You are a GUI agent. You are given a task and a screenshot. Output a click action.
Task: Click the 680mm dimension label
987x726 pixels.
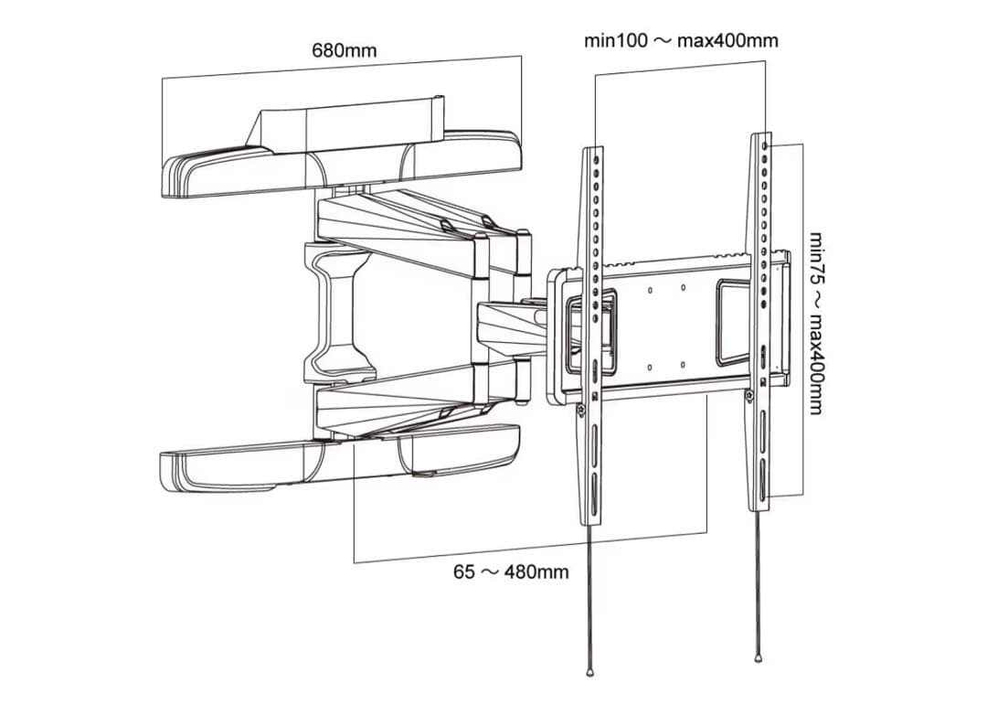pos(344,50)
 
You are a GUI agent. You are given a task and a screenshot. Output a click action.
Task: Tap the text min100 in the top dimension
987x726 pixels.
pos(616,41)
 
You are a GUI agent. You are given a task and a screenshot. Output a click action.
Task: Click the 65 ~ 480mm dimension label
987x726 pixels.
pos(511,571)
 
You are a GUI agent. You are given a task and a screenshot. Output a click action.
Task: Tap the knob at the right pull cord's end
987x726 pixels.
pos(759,657)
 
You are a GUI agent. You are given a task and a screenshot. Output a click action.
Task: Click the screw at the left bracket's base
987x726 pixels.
pos(581,411)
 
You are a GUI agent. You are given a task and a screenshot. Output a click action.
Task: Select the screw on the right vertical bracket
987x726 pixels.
pos(748,395)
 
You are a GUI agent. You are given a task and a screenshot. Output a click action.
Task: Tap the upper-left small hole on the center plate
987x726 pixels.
pos(648,292)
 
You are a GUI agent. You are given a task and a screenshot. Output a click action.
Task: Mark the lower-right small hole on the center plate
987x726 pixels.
pos(683,365)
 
